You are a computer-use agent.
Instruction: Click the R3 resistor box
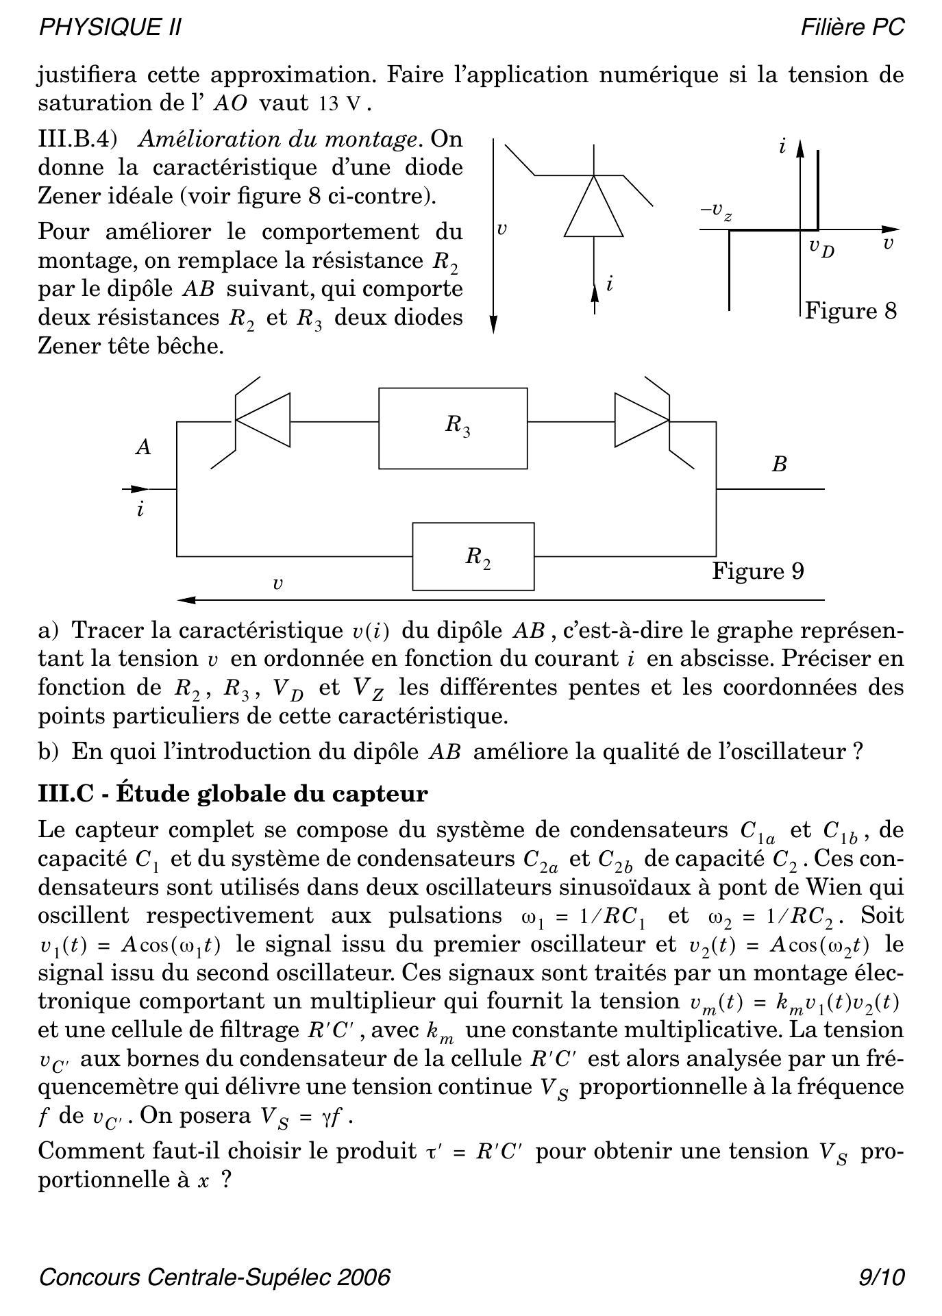click(x=453, y=428)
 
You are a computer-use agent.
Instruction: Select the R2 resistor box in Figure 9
click(x=473, y=556)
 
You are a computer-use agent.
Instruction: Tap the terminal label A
click(x=143, y=447)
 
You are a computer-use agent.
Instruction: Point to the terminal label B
click(x=779, y=464)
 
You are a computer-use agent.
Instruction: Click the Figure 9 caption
click(x=758, y=571)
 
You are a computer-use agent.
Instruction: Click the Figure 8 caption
click(x=850, y=310)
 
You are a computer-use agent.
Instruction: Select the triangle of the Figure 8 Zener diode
click(x=593, y=209)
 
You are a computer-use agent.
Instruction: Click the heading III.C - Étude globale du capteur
click(x=233, y=793)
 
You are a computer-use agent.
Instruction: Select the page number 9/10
click(x=882, y=1277)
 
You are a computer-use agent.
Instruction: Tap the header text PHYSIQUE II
click(x=110, y=27)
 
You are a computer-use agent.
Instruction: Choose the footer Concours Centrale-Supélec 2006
click(x=215, y=1277)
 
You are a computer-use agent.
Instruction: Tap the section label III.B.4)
click(x=77, y=139)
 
